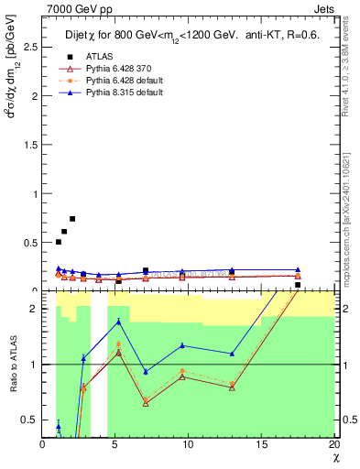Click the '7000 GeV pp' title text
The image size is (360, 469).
pyautogui.click(x=73, y=8)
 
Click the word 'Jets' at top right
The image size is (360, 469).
pyautogui.click(x=323, y=8)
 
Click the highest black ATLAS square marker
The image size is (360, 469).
pyautogui.click(x=72, y=219)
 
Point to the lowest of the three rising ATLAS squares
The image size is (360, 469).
pyautogui.click(x=59, y=242)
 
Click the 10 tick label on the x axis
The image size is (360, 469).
pyautogui.click(x=189, y=444)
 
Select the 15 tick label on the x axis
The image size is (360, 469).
pyautogui.click(x=262, y=444)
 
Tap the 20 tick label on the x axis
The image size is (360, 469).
pyautogui.click(x=334, y=444)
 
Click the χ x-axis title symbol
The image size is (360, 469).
pyautogui.click(x=334, y=457)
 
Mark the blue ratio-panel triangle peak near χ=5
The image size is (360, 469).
pyautogui.click(x=119, y=322)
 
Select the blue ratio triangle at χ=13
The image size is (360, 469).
pyautogui.click(x=232, y=354)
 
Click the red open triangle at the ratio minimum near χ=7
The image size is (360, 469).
pyautogui.click(x=146, y=403)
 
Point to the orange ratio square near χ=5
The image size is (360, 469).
pyautogui.click(x=119, y=344)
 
